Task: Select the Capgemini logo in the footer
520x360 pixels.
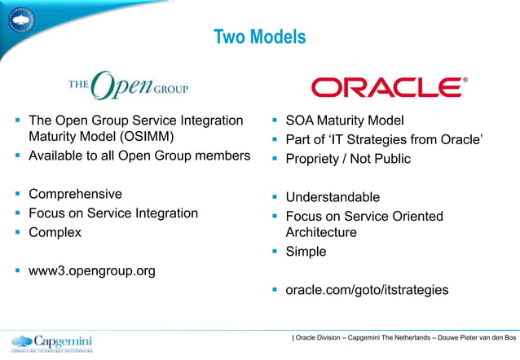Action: click(x=52, y=342)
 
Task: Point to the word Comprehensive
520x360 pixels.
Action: click(x=75, y=194)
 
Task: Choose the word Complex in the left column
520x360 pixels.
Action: click(x=55, y=231)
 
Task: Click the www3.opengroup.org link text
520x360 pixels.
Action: click(x=91, y=270)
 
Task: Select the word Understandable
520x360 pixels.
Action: click(x=333, y=197)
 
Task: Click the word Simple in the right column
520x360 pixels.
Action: click(x=306, y=252)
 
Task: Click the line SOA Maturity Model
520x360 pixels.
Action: click(x=345, y=121)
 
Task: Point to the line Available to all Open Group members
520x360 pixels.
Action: click(x=139, y=156)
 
